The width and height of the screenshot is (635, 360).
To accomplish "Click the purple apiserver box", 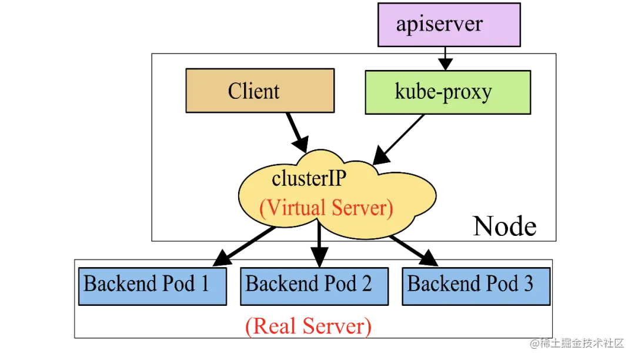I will click(x=449, y=25).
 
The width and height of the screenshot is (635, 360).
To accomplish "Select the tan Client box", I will click(x=259, y=91).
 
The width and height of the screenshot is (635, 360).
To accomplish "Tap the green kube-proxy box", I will click(x=447, y=92).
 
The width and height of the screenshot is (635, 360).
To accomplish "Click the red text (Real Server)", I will click(x=309, y=326).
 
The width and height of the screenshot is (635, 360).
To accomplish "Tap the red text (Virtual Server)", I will click(x=326, y=208).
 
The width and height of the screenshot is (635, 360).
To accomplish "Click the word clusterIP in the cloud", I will click(x=308, y=179).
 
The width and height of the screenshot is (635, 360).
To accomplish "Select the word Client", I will click(x=253, y=91).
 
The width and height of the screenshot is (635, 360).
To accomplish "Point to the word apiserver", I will click(x=439, y=24).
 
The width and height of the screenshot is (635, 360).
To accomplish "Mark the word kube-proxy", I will click(x=443, y=92).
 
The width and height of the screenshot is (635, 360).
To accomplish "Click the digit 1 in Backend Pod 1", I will click(x=205, y=284).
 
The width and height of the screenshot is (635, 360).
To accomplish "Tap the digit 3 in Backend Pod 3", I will click(x=527, y=284).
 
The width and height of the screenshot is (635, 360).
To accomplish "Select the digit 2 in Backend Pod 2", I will click(x=366, y=284).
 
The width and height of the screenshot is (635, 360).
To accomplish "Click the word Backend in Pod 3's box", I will click(x=436, y=284).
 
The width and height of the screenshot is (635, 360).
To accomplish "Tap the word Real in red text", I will click(x=272, y=326).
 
